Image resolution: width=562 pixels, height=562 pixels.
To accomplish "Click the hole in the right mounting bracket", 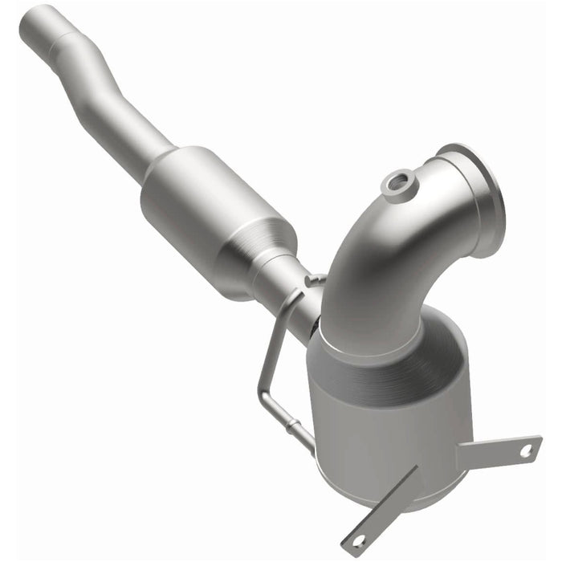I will pyautogui.click(x=526, y=450).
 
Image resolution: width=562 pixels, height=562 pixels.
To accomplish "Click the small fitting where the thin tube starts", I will pyautogui.click(x=316, y=279).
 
